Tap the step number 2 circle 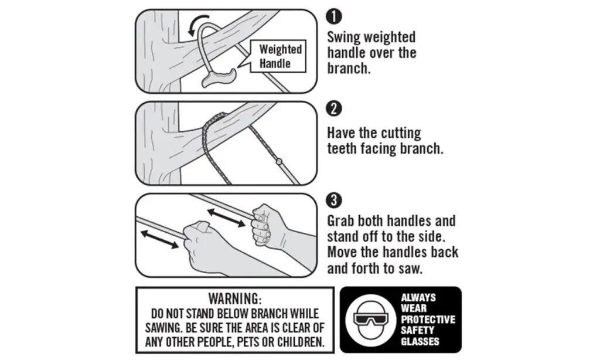[333, 109]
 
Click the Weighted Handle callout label [280, 56]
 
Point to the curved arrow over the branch [197, 25]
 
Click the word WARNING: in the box [234, 298]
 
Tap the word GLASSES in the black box [420, 341]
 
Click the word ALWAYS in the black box [418, 298]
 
